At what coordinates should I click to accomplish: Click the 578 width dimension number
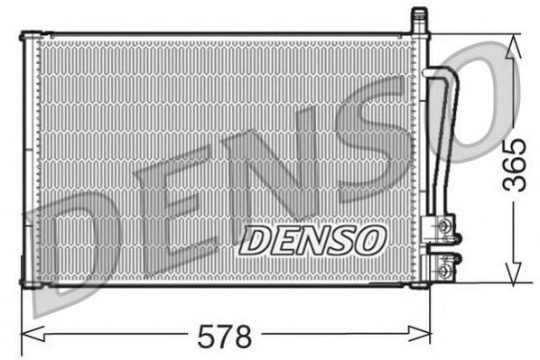pos(224,337)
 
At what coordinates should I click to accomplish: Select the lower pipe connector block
pos(443,267)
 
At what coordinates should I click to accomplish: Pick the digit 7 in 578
pos(224,337)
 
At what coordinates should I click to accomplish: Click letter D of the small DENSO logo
pos(256,239)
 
